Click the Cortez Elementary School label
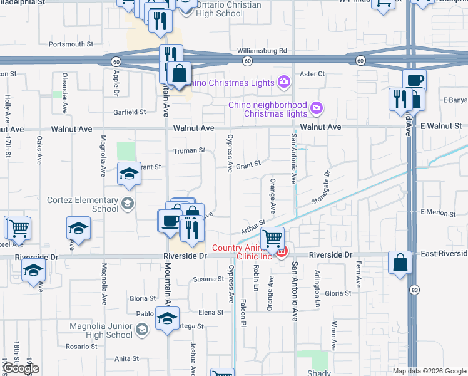click(x=83, y=204)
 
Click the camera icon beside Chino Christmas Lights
click(x=284, y=82)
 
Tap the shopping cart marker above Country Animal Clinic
click(x=272, y=238)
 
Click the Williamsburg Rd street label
click(x=262, y=51)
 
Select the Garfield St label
click(x=130, y=112)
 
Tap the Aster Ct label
click(x=312, y=74)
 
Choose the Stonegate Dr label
click(x=320, y=187)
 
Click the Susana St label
click(x=208, y=279)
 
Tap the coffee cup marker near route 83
click(x=414, y=81)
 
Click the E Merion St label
click(x=437, y=212)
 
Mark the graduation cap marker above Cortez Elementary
click(x=129, y=174)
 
